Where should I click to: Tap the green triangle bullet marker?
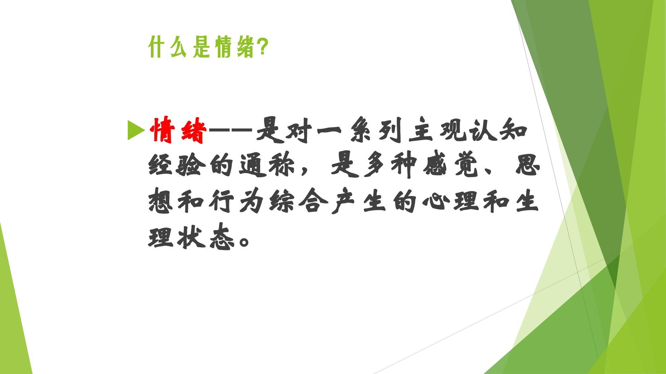(136, 130)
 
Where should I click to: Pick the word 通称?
(267, 166)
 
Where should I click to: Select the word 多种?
(390, 166)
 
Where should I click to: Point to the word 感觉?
(451, 166)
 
